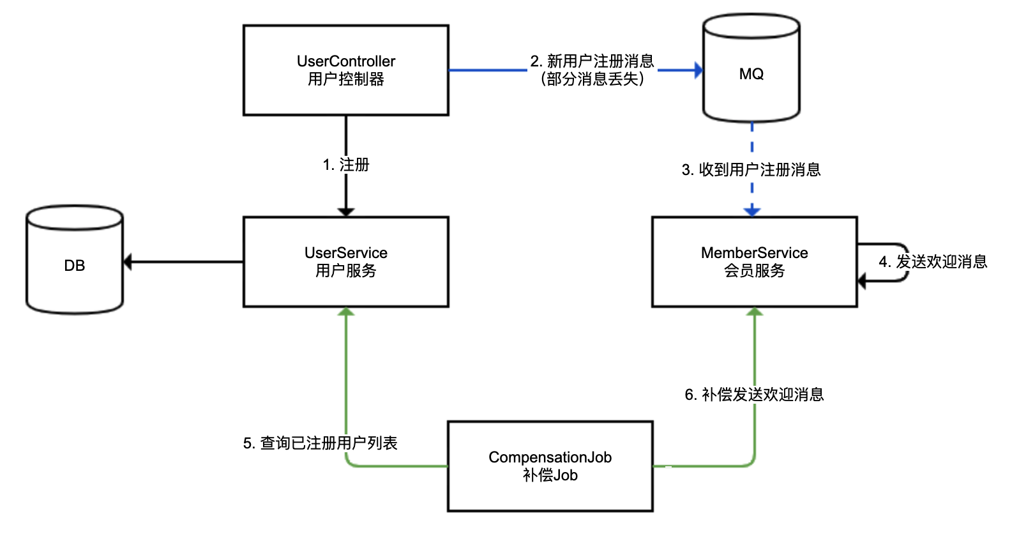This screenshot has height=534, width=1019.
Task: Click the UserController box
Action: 345,70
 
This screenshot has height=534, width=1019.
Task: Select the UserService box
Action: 345,262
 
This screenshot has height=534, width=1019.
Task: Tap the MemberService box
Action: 754,262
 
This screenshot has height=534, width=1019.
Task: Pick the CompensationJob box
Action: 550,466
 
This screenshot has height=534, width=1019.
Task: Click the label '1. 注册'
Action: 346,165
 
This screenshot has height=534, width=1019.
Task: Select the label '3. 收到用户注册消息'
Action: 751,170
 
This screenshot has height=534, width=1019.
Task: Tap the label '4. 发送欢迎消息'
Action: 933,262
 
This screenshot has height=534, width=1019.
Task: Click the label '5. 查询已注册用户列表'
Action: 321,443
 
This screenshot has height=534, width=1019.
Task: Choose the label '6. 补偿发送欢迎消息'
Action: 754,395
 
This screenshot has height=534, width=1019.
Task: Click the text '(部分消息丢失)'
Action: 593,79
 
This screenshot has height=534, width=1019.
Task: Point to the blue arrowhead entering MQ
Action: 698,70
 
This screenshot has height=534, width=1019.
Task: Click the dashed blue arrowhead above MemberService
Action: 752,211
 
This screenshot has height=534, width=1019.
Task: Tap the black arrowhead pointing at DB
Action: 127,262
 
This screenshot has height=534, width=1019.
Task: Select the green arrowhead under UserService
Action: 346,312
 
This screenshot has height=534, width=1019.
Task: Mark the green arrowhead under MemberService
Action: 755,312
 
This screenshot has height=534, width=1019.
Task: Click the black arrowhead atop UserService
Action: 346,212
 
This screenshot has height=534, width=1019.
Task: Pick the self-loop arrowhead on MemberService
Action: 862,281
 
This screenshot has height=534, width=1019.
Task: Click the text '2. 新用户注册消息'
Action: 593,61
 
